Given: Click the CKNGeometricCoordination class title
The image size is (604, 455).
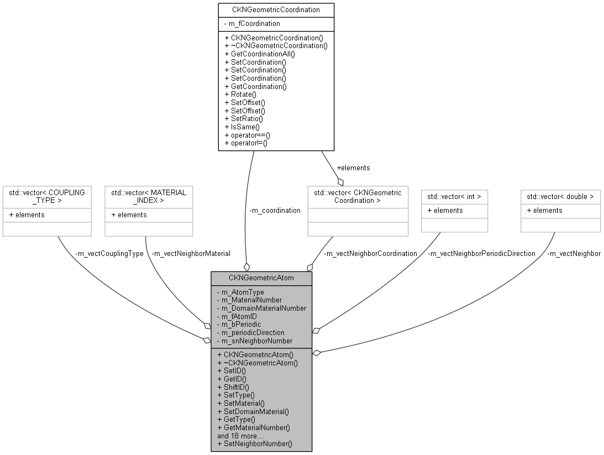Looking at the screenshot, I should pos(276,9).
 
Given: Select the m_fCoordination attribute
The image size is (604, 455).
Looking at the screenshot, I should pos(253,23).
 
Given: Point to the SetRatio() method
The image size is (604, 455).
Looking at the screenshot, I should pos(243,119).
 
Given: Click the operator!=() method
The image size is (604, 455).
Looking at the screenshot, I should pos(246,143).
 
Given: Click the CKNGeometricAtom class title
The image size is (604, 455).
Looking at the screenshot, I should pos(261,278).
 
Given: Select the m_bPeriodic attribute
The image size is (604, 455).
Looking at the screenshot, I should pos(239,324).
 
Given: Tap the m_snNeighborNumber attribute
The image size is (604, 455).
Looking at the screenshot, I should pos(255,341).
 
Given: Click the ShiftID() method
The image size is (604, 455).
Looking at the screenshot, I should pos(233,387).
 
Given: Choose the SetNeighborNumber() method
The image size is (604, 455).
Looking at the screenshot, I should pos(255,443).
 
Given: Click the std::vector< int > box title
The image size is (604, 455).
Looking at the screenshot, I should pos(454,196).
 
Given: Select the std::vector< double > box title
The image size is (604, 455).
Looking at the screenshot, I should pos(560,196).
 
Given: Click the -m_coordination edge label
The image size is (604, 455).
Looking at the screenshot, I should pos(275,210).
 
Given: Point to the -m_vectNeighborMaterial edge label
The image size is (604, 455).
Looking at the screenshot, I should pos(190,253).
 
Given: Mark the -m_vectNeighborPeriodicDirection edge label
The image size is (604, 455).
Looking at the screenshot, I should pos(481,253).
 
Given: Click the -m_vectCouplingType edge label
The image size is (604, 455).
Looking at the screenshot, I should pos(108,253).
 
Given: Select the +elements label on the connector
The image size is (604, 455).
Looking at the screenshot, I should pos(353,168).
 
